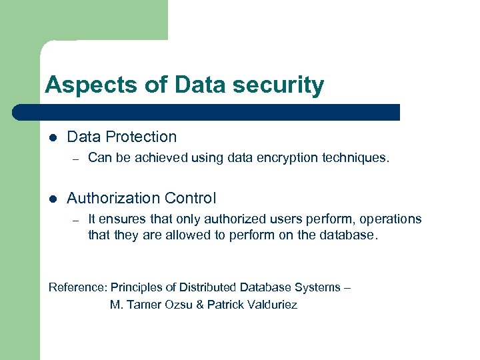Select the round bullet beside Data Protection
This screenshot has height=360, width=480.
[53, 137]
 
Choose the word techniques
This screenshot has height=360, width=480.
[353, 158]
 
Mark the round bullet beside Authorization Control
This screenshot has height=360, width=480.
[53, 199]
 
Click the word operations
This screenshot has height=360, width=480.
[391, 219]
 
